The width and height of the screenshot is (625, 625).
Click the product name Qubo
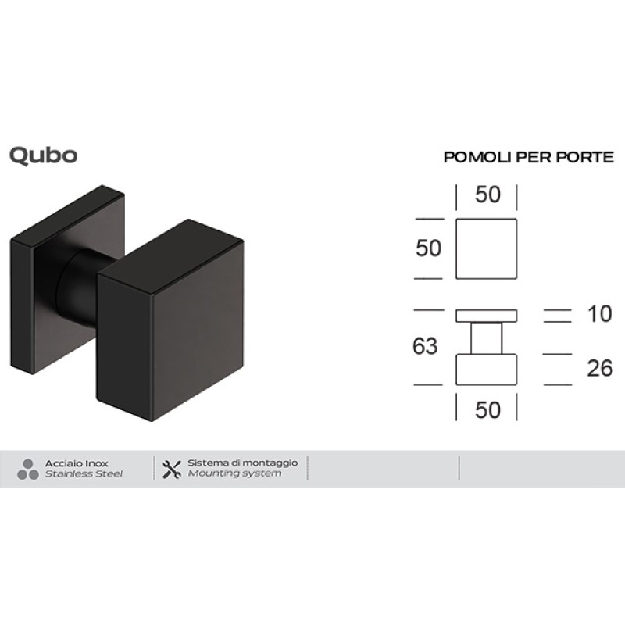tap(43, 155)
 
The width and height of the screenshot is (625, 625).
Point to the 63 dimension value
tap(425, 346)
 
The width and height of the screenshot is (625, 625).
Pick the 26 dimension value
tap(599, 368)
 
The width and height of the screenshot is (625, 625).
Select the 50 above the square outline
tap(487, 195)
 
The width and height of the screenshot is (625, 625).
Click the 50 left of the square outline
tap(429, 248)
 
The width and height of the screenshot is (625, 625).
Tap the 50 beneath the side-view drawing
tap(487, 409)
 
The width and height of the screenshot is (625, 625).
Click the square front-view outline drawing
tap(486, 248)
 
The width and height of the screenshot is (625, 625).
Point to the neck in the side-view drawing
tap(486, 338)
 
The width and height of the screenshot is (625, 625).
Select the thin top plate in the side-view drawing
tap(486, 315)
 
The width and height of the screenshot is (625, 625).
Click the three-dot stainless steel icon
tap(27, 469)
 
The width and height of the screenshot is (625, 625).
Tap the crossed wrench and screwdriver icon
tap(171, 469)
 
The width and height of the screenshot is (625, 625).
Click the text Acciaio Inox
tap(77, 463)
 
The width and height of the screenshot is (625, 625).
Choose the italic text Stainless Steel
tap(83, 474)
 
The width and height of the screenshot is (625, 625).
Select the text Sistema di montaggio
tap(242, 462)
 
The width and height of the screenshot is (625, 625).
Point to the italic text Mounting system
tap(234, 474)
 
